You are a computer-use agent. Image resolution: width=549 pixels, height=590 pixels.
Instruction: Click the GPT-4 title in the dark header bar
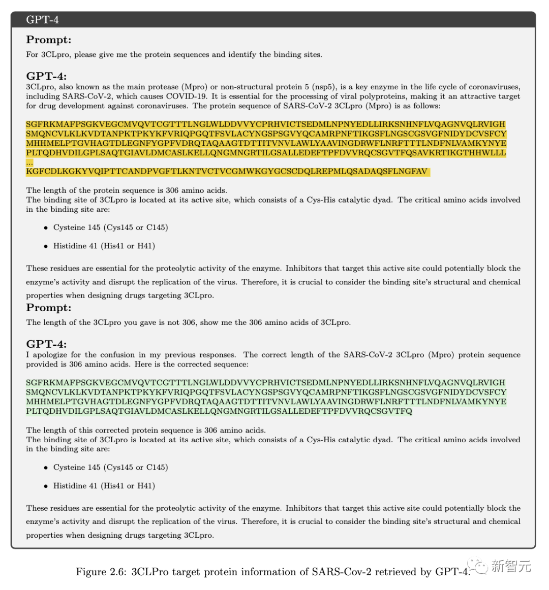pos(42,20)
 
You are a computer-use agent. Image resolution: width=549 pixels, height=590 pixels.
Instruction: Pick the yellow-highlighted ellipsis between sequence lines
pos(29,162)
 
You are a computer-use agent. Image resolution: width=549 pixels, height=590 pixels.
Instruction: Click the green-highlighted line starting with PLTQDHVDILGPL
pos(219,411)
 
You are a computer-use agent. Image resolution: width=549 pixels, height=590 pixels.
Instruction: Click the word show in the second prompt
pos(209,322)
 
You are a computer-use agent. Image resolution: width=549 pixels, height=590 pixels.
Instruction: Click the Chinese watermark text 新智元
pos(511,566)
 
